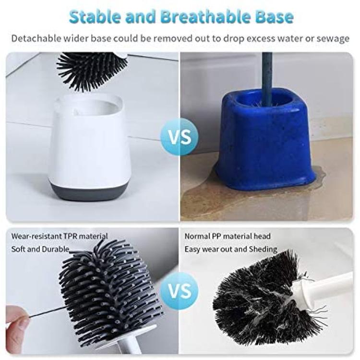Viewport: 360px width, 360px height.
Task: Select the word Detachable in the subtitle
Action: pyautogui.click(x=36, y=38)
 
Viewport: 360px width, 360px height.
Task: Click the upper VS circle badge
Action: pyautogui.click(x=180, y=137)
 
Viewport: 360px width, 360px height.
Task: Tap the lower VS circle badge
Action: pyautogui.click(x=180, y=291)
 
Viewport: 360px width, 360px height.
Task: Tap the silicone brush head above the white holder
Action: pyautogui.click(x=91, y=70)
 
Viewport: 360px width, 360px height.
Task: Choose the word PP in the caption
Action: pyautogui.click(x=216, y=236)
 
